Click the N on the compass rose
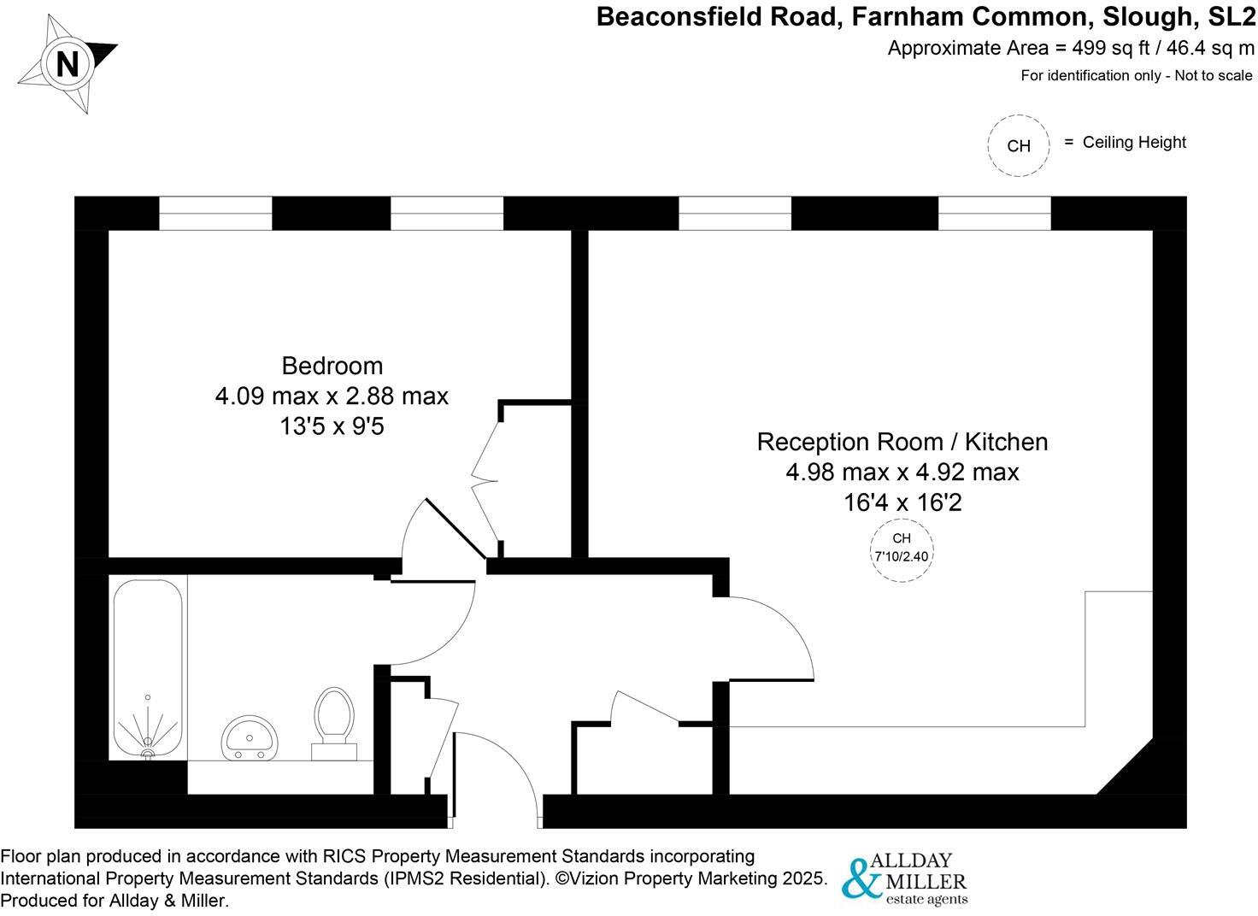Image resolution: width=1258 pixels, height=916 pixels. [x=67, y=64]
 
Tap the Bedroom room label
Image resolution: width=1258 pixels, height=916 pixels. [x=332, y=366]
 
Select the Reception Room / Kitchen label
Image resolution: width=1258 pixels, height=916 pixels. [x=902, y=442]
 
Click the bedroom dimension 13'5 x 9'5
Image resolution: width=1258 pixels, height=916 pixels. [x=332, y=426]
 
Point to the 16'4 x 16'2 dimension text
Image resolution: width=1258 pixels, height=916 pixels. [x=902, y=502]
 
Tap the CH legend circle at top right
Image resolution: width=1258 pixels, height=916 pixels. [x=1018, y=146]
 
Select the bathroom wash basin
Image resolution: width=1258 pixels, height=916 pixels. [x=249, y=738]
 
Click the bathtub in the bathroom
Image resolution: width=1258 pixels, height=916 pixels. [x=148, y=666]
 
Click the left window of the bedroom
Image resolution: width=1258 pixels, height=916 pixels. [x=215, y=214]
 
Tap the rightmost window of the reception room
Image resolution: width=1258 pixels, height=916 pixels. [x=994, y=214]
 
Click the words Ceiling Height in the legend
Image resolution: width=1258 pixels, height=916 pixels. [x=1134, y=143]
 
